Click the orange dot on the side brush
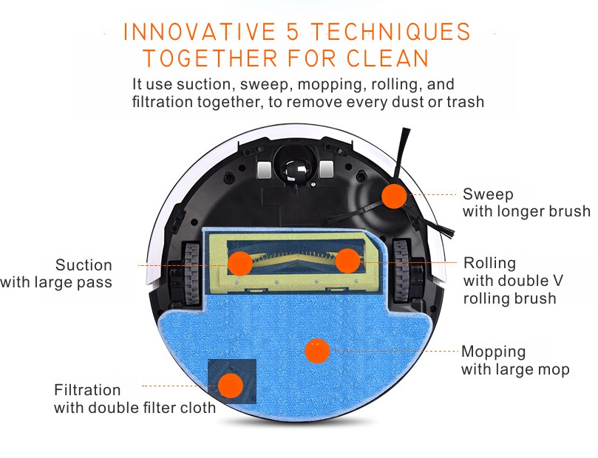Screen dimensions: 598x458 [x=394, y=196]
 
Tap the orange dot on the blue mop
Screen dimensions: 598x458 [x=317, y=351]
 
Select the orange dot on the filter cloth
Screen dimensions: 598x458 [x=231, y=386]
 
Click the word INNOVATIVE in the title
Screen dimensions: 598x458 [x=200, y=32]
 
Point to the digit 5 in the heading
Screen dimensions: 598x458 [x=293, y=32]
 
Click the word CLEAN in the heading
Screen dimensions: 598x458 [x=388, y=58]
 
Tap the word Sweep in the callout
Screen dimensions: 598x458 [x=488, y=194]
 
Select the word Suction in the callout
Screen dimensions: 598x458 [x=84, y=264]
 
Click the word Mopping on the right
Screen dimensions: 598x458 [x=493, y=352]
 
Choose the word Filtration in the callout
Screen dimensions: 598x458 [x=87, y=390]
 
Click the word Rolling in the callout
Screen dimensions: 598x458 [x=489, y=263]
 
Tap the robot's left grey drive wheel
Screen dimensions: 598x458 [x=191, y=273]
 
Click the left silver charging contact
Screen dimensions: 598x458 [x=265, y=169]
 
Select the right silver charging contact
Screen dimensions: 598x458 [x=327, y=169]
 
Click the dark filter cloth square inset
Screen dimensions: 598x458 [x=232, y=381]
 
